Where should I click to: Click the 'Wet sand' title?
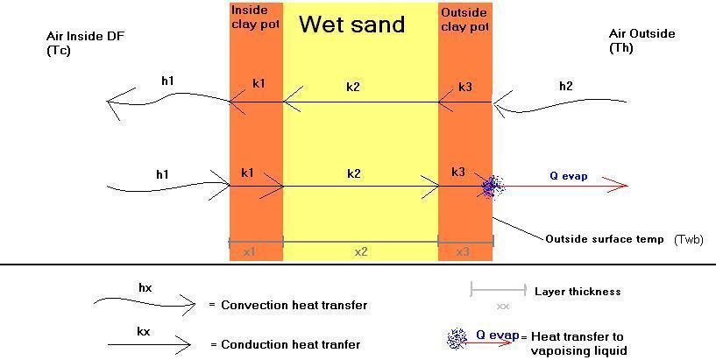click(x=352, y=24)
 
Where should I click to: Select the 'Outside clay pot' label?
click(x=464, y=19)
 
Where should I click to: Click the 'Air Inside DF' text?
click(x=85, y=36)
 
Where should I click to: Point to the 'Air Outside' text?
click(x=642, y=34)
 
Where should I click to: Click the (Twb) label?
click(x=689, y=240)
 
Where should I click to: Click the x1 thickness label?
click(x=249, y=251)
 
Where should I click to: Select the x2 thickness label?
click(x=361, y=251)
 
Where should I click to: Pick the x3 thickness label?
click(x=463, y=251)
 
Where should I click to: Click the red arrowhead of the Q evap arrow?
click(x=620, y=186)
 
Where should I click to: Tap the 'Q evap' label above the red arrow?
click(x=568, y=176)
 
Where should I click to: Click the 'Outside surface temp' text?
click(x=605, y=239)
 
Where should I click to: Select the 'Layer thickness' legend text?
click(x=578, y=291)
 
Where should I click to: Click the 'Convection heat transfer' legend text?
click(x=294, y=305)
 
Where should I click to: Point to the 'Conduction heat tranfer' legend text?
click(x=290, y=344)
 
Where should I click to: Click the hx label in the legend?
click(x=145, y=288)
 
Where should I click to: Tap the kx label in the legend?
click(x=143, y=332)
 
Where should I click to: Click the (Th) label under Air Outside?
click(x=621, y=48)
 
